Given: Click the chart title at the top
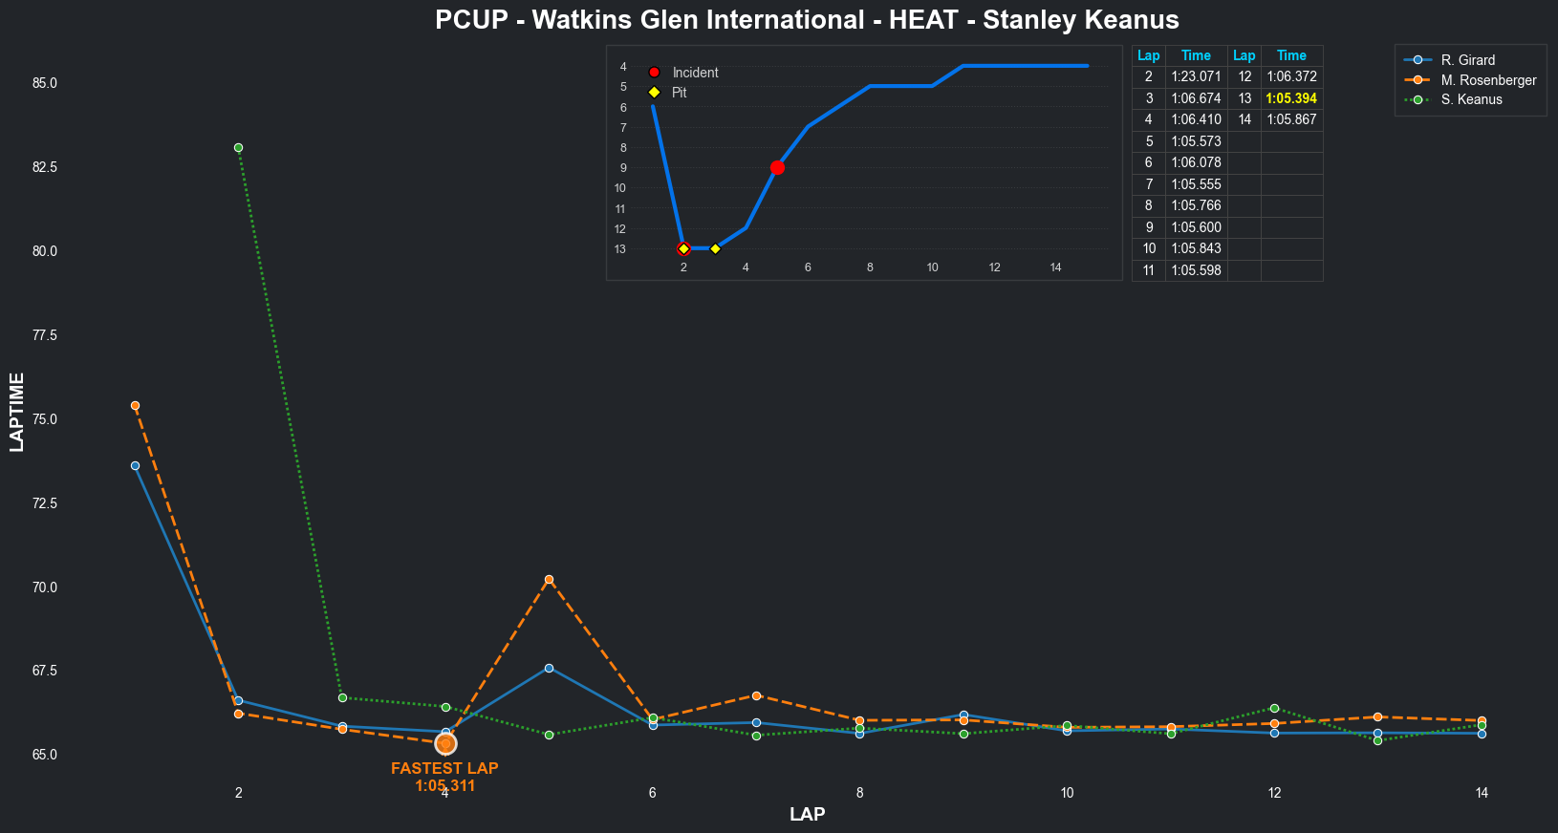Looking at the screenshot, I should click(807, 20).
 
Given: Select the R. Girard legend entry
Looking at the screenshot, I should click(1467, 60).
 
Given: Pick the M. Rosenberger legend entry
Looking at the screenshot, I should click(1488, 80).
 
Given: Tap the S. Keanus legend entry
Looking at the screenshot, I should click(1471, 99).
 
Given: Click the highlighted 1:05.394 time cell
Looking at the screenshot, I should click(1291, 98).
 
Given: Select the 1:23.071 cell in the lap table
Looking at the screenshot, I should click(1196, 76).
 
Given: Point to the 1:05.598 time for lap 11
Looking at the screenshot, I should click(1196, 270).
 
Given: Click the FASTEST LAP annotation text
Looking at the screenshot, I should click(444, 769).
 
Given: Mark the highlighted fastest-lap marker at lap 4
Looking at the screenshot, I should click(445, 743).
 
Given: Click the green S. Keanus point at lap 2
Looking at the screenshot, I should click(238, 147).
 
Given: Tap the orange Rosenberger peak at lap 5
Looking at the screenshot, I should click(549, 580).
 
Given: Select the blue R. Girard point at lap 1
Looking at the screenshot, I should click(135, 466).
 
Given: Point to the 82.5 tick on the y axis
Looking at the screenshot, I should click(44, 167).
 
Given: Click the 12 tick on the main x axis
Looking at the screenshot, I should click(1274, 793).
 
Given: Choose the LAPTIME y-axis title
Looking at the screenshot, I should click(17, 412).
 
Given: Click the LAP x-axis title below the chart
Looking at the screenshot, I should click(807, 815).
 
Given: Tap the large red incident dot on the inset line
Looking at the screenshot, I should click(777, 168).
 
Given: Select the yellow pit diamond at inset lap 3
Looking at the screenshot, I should click(715, 249).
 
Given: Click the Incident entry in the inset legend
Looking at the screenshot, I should click(694, 73).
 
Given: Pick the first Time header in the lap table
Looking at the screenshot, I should click(1196, 55).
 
